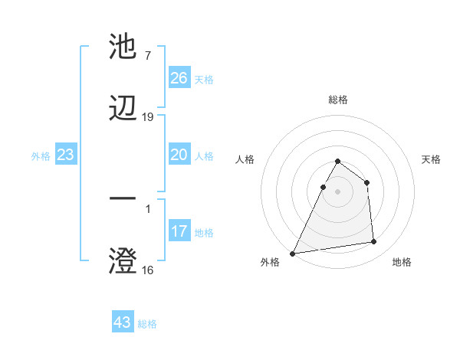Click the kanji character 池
(123, 47)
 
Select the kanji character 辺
(123, 110)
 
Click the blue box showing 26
(179, 78)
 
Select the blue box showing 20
(179, 155)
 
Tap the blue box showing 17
(179, 231)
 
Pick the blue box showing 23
(65, 155)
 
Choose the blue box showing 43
(123, 322)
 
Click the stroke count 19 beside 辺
(148, 117)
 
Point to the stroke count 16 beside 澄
(148, 270)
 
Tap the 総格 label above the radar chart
(338, 100)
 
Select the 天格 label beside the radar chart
(432, 159)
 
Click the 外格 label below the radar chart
(270, 262)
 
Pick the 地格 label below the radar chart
(402, 262)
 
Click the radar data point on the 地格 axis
(374, 242)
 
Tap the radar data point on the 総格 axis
(338, 162)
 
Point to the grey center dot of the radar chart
(338, 191)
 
